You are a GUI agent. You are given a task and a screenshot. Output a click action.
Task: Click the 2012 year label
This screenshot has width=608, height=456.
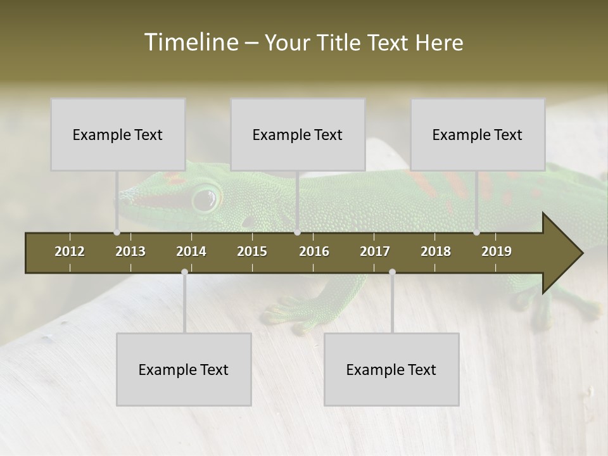(x=70, y=251)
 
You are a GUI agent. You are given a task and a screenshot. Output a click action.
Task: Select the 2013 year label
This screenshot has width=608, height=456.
(x=130, y=251)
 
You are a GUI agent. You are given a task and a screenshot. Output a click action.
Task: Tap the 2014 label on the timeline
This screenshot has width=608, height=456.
(x=191, y=251)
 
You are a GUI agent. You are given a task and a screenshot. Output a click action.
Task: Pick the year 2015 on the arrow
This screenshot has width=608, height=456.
(x=252, y=251)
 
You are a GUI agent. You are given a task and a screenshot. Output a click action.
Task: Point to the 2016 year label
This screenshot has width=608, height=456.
(x=314, y=251)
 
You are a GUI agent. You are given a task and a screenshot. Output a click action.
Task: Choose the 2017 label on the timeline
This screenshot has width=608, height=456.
(x=375, y=251)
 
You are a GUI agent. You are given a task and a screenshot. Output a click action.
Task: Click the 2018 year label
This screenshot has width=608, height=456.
(x=436, y=251)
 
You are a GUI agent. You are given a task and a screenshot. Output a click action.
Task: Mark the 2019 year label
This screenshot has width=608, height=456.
(x=497, y=251)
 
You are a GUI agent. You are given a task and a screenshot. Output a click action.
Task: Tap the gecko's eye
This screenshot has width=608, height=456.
(x=204, y=199)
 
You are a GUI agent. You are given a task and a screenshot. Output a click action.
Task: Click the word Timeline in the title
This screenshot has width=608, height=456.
(x=191, y=42)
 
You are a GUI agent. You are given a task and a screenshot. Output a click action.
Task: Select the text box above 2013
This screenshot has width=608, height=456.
(x=118, y=134)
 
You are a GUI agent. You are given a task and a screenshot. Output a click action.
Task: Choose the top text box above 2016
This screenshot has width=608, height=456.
(x=298, y=134)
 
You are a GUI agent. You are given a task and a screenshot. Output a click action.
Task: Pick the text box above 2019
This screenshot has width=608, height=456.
(x=478, y=134)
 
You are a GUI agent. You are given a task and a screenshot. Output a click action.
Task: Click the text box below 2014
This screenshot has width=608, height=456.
(x=184, y=369)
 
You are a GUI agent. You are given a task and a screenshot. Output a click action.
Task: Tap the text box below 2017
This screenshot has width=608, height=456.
(x=391, y=369)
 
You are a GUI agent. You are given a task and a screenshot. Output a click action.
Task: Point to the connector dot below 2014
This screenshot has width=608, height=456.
(x=184, y=272)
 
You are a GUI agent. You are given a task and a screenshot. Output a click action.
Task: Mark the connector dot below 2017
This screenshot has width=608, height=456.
(x=392, y=272)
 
